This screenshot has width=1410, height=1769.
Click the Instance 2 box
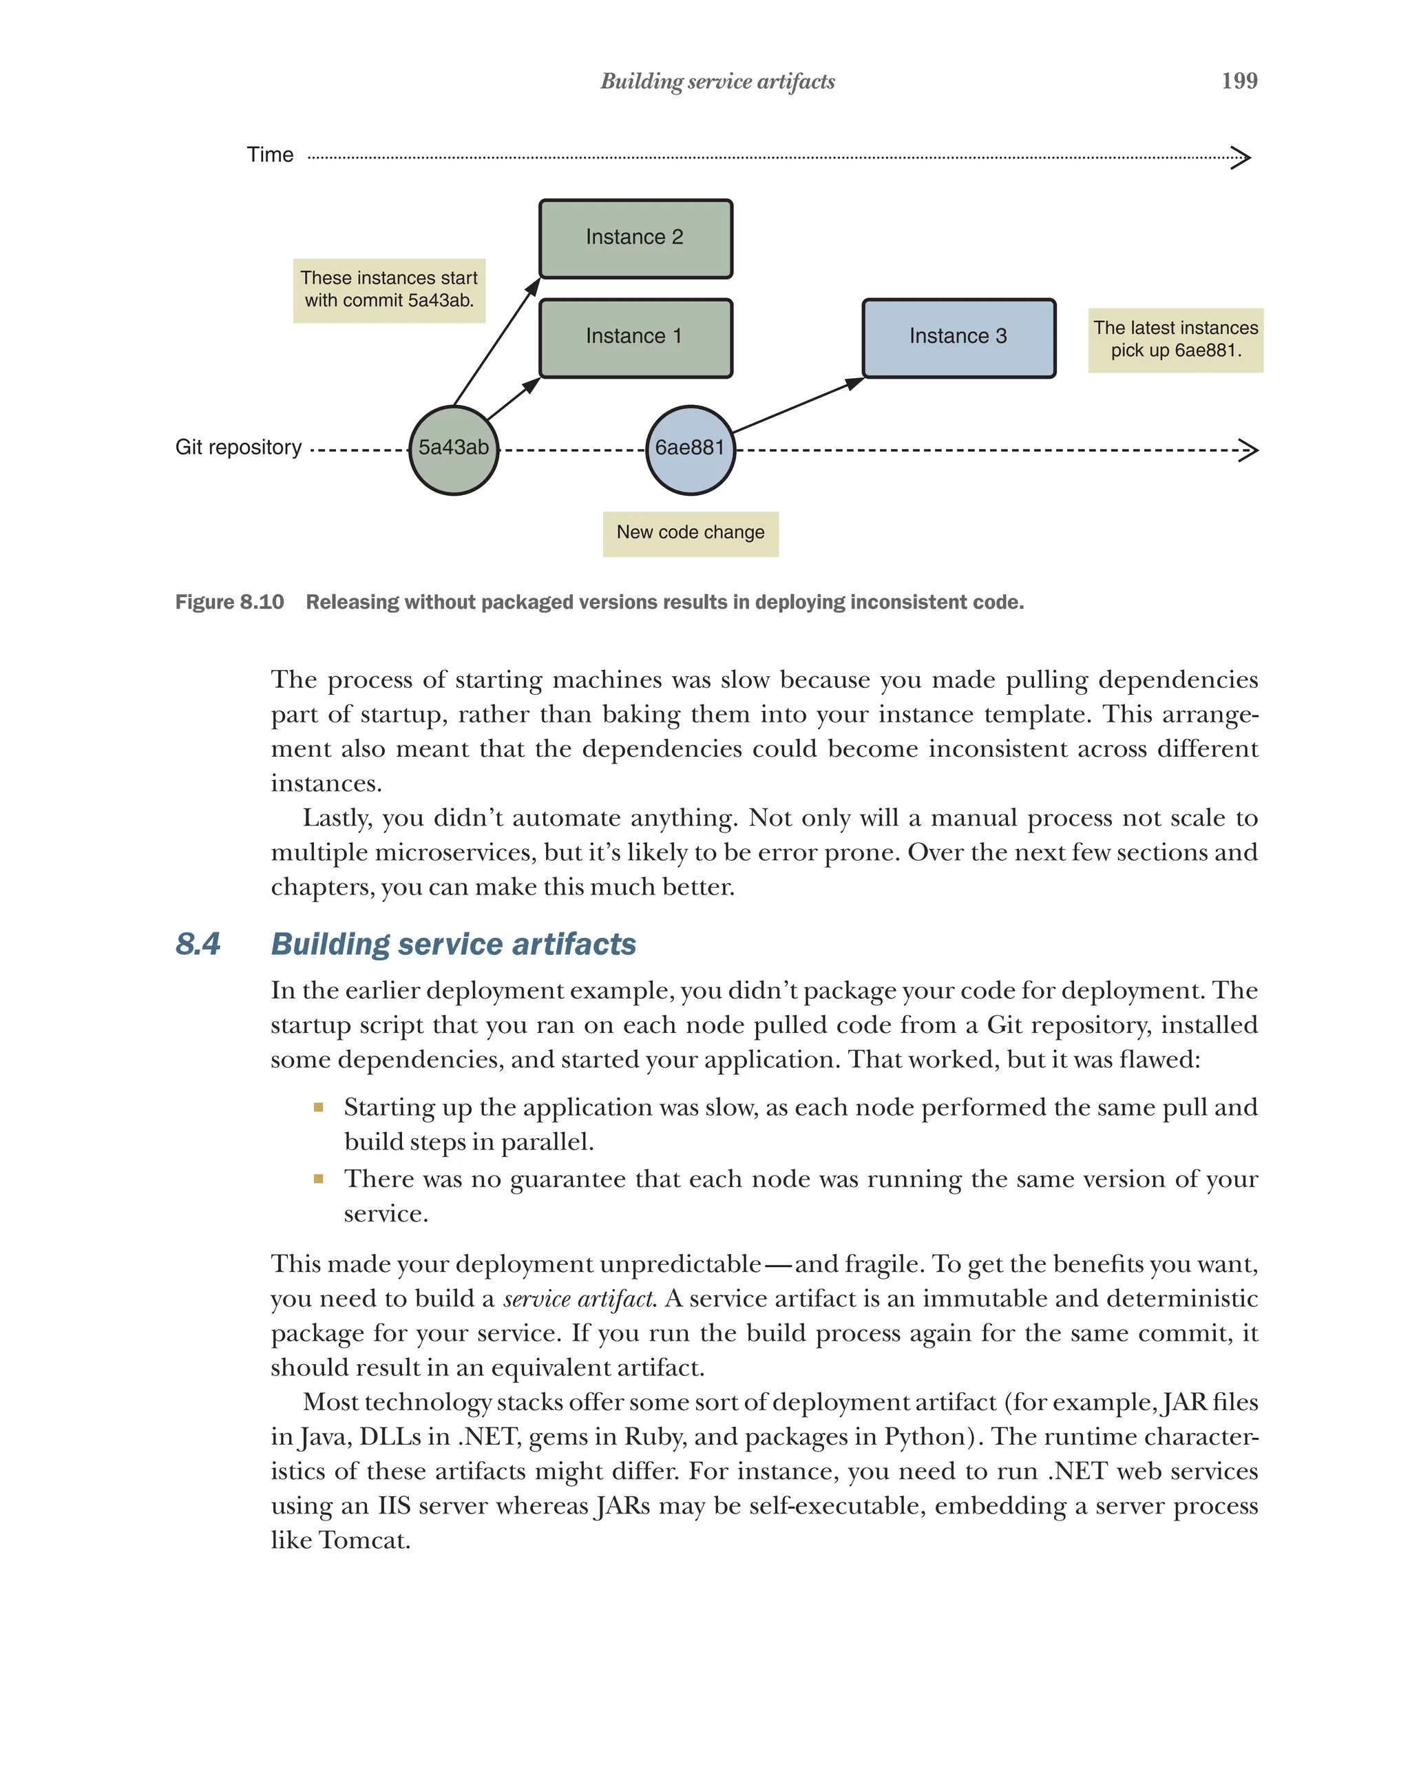635,239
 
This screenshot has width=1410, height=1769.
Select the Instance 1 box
635,338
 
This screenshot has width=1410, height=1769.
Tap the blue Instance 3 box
958,338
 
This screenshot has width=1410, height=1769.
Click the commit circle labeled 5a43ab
453,450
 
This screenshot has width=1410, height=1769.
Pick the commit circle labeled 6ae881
690,450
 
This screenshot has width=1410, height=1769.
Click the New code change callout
690,534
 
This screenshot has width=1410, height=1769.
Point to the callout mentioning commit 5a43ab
389,291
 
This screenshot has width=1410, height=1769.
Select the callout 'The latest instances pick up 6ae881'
1175,339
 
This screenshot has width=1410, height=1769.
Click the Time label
270,155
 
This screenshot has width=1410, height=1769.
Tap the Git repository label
238,447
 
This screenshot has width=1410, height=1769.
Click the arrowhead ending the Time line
1241,157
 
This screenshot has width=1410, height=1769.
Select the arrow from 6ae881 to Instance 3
796,406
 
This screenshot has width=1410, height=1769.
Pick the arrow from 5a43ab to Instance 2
496,342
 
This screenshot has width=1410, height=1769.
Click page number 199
1239,81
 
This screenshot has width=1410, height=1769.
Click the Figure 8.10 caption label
230,603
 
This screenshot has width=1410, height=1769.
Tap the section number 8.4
198,943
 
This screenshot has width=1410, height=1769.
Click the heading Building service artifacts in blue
453,943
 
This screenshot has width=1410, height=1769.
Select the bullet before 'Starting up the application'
318,1108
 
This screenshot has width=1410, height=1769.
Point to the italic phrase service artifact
578,1299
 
